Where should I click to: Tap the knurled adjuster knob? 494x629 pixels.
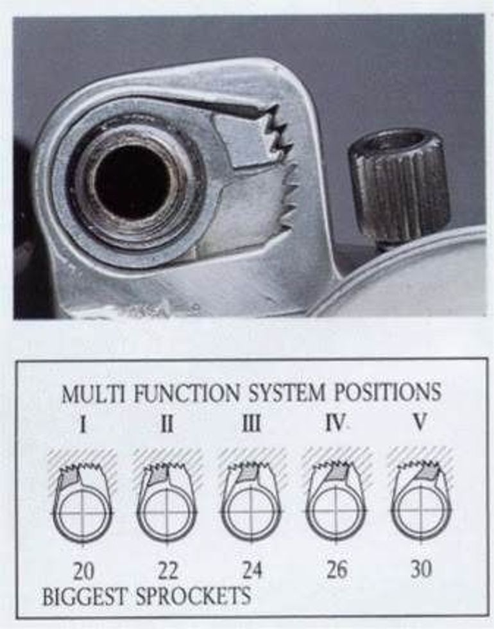pos(400,187)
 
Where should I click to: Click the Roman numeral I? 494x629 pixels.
pos(83,424)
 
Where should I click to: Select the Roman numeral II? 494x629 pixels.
pos(167,424)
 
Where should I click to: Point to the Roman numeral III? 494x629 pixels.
pos(251,424)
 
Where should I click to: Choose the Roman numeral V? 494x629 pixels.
pos(420,422)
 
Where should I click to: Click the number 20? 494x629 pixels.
pos(83,571)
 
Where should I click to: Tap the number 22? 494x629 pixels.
pos(167,571)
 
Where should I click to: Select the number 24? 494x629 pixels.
pos(252,570)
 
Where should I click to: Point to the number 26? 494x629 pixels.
pos(336,570)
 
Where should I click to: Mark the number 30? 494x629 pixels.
pos(421,569)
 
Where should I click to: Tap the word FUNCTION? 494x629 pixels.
pos(187,393)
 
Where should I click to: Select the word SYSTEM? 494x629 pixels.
pos(287,392)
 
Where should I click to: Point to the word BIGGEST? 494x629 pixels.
pos(86,597)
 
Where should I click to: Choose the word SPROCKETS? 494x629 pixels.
pos(193,596)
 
